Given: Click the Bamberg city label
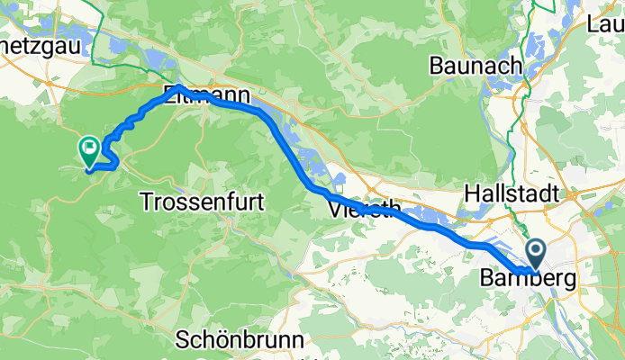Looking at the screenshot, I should pos(530,280).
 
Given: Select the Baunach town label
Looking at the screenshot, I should pos(476,66).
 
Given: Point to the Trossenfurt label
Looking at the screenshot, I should pos(203,202).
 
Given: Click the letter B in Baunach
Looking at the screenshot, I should pos(437,66).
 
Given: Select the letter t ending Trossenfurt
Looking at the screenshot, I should pos(260,202).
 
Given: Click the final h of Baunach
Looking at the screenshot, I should pos(516,66).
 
